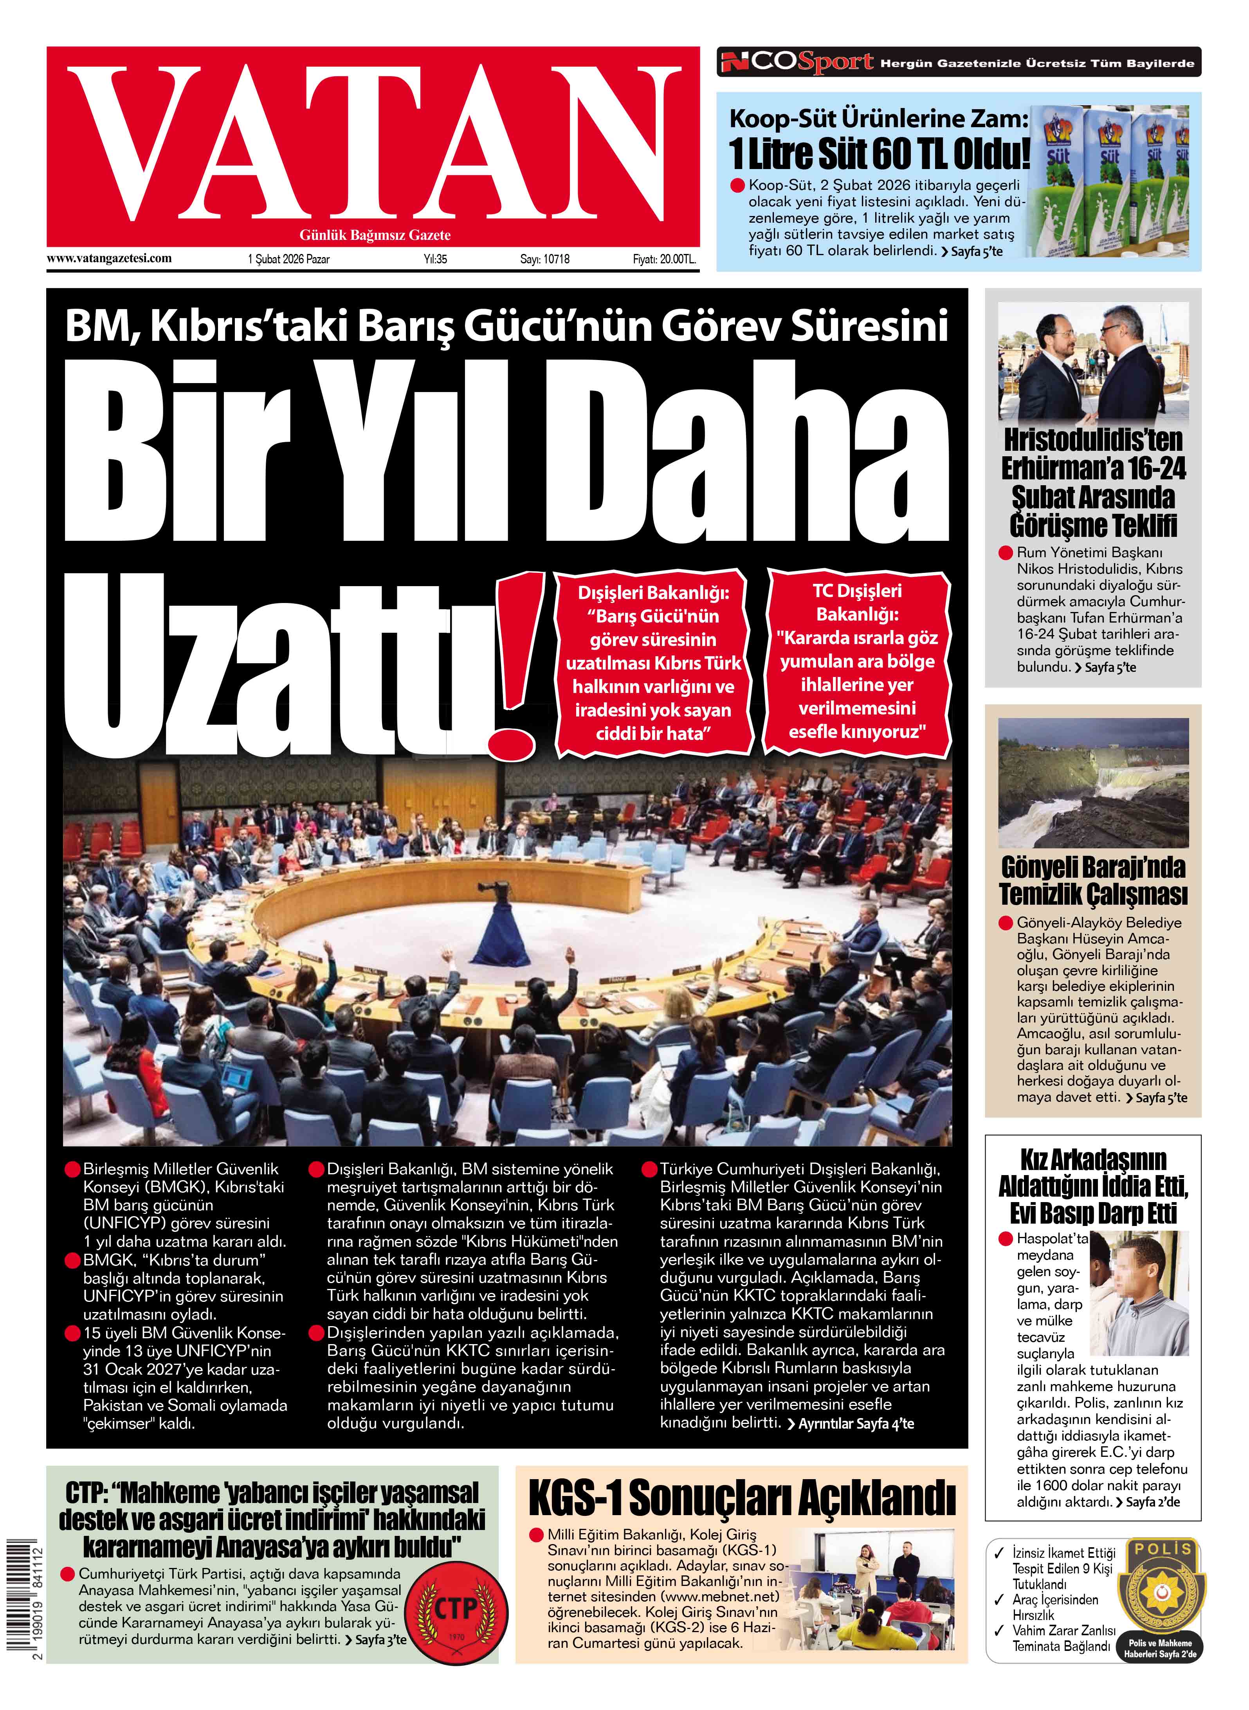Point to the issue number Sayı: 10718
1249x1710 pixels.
(x=544, y=259)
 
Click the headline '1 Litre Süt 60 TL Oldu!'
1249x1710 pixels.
(x=879, y=153)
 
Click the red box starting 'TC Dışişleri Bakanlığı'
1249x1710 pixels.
(x=858, y=661)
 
